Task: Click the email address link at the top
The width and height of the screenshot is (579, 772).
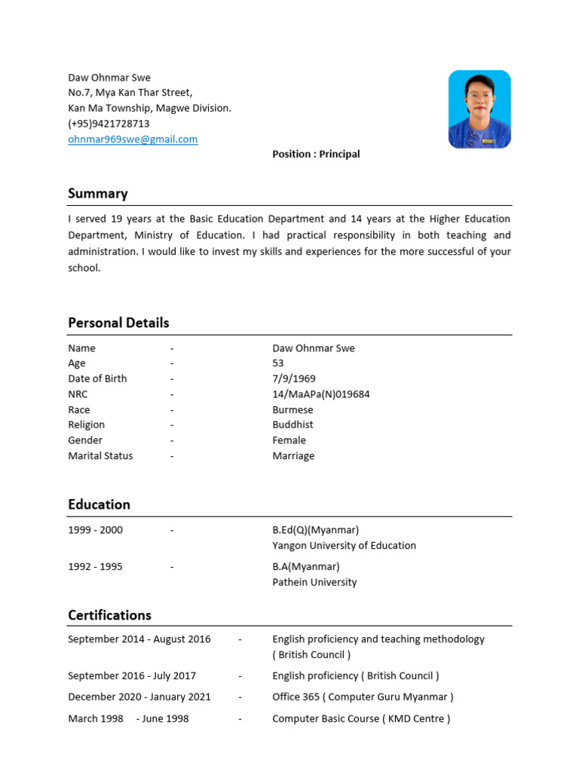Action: [x=133, y=139]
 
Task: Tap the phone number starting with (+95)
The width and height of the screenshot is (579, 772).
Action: [x=109, y=124]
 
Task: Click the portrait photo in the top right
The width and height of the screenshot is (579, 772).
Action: [x=479, y=109]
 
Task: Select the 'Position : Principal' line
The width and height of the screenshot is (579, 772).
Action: [x=316, y=155]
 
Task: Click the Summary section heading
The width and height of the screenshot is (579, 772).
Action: [x=98, y=194]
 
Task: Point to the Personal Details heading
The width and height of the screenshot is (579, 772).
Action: [x=118, y=323]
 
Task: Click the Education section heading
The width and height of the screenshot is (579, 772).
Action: [x=99, y=504]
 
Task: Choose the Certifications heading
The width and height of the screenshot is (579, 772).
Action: [x=109, y=615]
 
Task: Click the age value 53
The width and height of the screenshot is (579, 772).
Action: [x=278, y=363]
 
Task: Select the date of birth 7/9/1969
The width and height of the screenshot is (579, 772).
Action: [x=294, y=379]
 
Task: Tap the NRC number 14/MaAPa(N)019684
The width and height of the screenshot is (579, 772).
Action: [x=321, y=394]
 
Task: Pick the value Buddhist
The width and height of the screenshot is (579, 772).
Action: [x=293, y=425]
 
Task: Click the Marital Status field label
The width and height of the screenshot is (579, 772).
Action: [x=100, y=456]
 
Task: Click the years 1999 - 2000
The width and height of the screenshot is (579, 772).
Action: [x=95, y=530]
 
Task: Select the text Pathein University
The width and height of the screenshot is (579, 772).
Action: [x=314, y=583]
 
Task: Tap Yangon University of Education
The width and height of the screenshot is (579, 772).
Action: [x=344, y=546]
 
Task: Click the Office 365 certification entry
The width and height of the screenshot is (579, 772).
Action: [x=363, y=697]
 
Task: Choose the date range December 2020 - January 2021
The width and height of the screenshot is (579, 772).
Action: [x=139, y=697]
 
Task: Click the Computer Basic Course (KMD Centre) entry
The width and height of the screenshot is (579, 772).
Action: [x=361, y=719]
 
